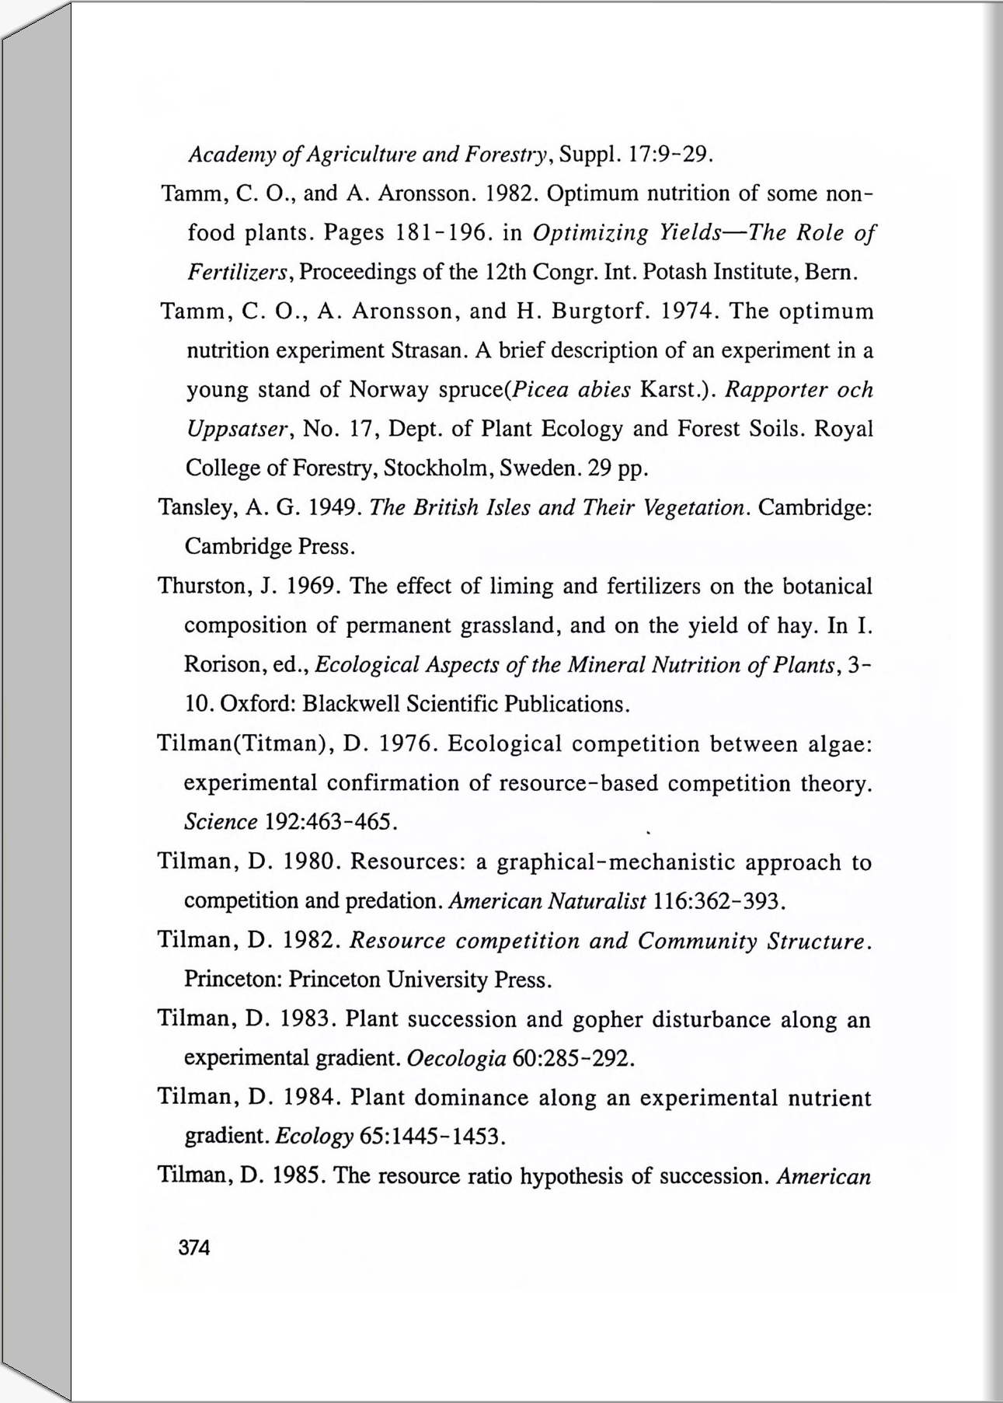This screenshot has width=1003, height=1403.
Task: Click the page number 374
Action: [194, 1248]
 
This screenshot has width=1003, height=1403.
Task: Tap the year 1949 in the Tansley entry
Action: [333, 508]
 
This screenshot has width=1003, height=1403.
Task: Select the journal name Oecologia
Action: [457, 1058]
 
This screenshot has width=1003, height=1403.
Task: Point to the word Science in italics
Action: [221, 822]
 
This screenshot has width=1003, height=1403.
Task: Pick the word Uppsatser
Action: [237, 429]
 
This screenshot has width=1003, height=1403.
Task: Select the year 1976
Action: [404, 744]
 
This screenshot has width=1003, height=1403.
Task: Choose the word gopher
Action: [607, 1019]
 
